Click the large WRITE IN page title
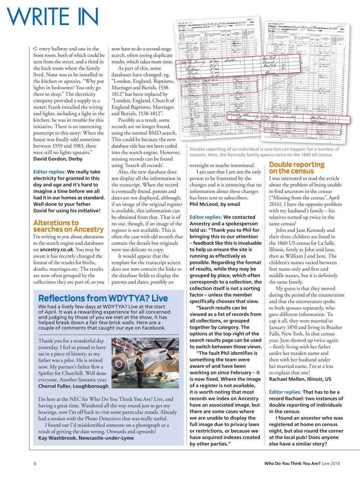[x=52, y=17]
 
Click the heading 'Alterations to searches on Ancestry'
[x=68, y=226]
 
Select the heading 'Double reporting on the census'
[x=297, y=168]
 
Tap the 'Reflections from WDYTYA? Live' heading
[x=103, y=298]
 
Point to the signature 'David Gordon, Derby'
[x=58, y=159]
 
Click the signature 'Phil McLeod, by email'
[x=215, y=204]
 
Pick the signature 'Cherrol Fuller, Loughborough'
[x=73, y=386]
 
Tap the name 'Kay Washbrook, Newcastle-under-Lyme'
[x=86, y=438]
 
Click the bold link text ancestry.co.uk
[x=56, y=250]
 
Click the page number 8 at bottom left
[x=35, y=464]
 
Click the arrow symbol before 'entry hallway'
[x=36, y=49]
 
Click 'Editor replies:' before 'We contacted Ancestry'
[x=206, y=217]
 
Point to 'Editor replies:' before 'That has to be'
[x=285, y=392]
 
